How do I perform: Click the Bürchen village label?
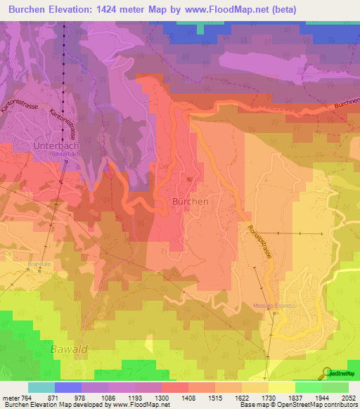pos(190,201)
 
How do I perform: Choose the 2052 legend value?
pos(349,398)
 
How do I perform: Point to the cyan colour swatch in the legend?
pos(41,387)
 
